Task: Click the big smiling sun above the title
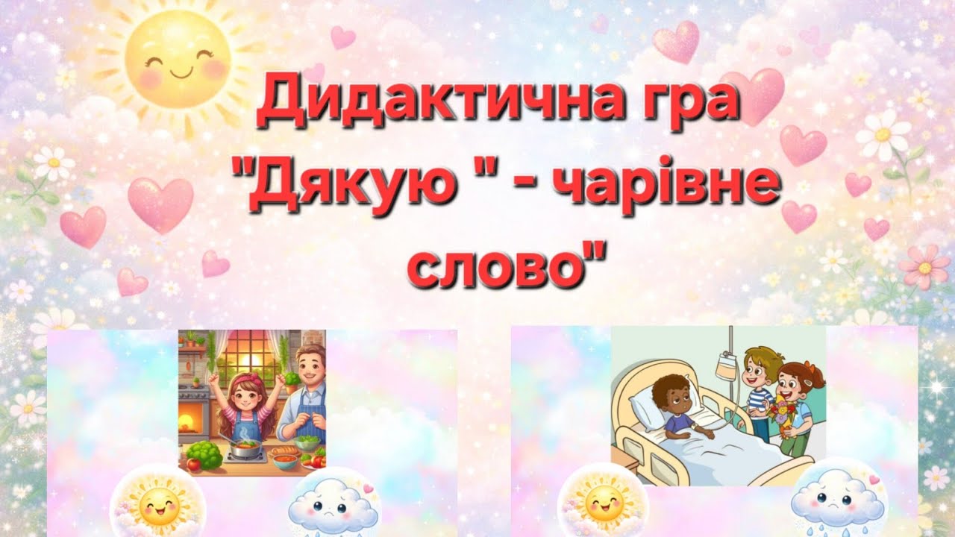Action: [176, 64]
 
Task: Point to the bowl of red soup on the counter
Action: [285, 455]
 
